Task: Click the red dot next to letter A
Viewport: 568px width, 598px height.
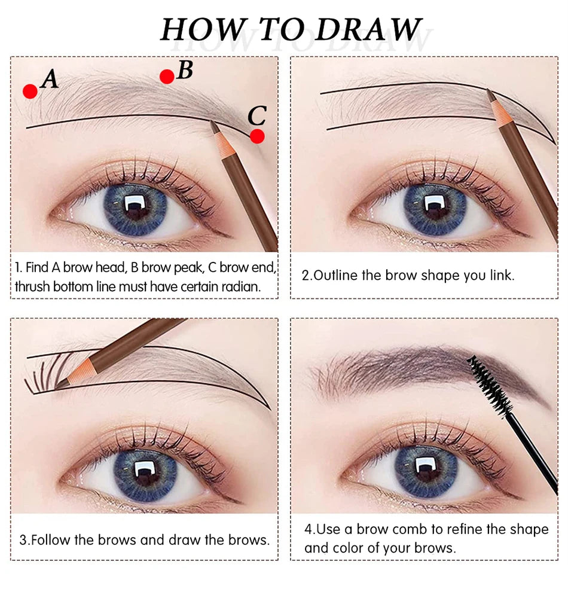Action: pos(30,91)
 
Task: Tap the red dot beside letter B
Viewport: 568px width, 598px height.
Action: pos(167,76)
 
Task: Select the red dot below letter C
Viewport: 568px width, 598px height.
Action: pos(257,136)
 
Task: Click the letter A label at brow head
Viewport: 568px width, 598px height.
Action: pos(50,80)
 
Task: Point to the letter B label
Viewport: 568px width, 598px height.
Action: pos(185,70)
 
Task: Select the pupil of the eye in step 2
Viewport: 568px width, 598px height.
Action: pos(433,206)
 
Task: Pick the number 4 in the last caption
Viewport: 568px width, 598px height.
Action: pos(308,529)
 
